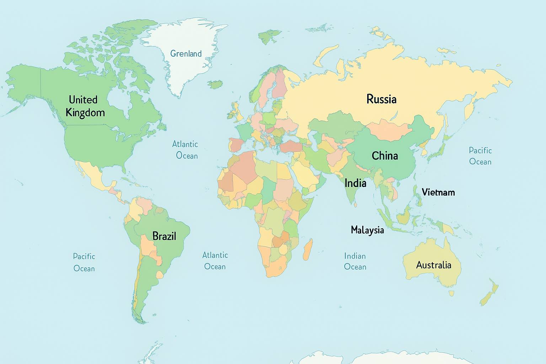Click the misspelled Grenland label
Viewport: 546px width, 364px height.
point(186,54)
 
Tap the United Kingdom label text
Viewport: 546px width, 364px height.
point(85,106)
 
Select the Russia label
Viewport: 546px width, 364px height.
point(381,99)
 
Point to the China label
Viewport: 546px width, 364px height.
point(385,156)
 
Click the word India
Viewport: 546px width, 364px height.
point(355,183)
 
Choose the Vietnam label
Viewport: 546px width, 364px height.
point(438,192)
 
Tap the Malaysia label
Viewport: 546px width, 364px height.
point(367,230)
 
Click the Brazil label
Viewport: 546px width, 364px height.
point(164,236)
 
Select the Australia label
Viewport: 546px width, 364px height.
point(433,265)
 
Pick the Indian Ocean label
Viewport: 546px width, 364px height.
point(355,261)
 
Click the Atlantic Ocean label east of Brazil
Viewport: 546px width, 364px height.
point(215,261)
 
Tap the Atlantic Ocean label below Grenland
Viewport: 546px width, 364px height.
point(185,150)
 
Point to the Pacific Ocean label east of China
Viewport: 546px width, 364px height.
point(480,156)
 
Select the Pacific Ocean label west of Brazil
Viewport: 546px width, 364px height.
point(84,262)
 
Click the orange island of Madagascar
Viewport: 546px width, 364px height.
point(308,249)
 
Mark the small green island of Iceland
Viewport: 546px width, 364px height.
point(215,85)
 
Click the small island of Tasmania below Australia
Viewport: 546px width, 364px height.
point(451,293)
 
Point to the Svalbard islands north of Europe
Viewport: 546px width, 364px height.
point(269,36)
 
